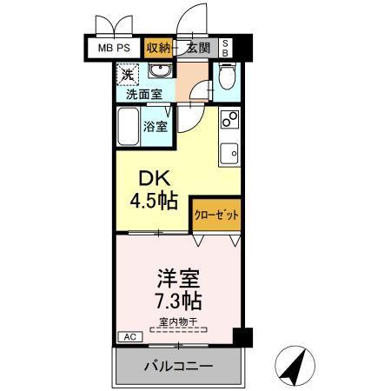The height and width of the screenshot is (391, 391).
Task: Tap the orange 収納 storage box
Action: click(158, 47)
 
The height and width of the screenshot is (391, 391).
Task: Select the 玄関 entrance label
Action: click(197, 47)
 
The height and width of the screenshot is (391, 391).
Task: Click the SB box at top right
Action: click(226, 47)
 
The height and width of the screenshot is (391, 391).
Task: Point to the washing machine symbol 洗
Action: click(127, 76)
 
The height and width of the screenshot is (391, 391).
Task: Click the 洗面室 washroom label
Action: click(138, 94)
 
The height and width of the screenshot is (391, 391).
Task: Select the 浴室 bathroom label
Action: click(156, 125)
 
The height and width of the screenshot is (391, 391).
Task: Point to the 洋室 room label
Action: click(178, 280)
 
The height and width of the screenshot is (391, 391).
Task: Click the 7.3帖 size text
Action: click(179, 302)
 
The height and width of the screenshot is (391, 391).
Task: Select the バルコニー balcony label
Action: click(178, 366)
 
